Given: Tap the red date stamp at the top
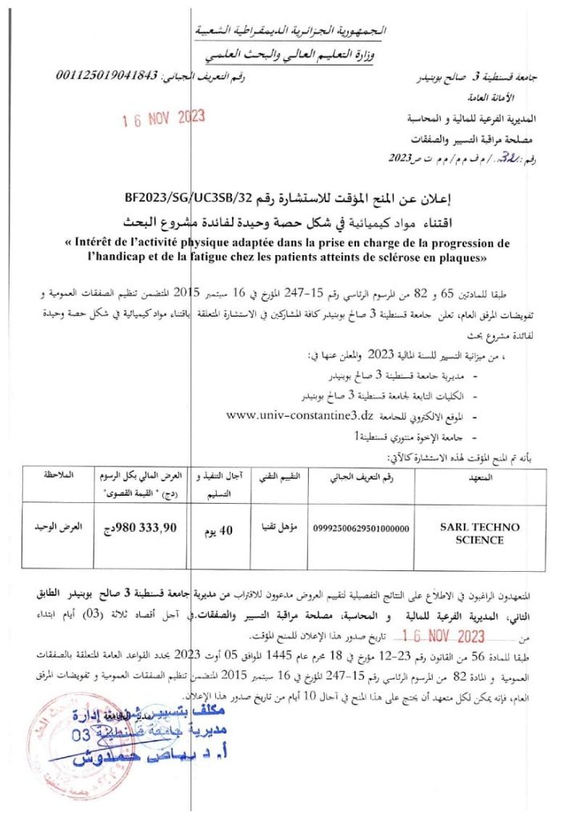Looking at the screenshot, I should [x=163, y=118].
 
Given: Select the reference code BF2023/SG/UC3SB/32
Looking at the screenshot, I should [x=175, y=196].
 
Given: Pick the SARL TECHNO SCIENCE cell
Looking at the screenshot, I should [x=480, y=533].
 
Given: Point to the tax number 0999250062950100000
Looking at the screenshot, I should [x=361, y=529].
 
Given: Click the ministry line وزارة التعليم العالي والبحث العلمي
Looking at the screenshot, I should [x=290, y=54].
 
